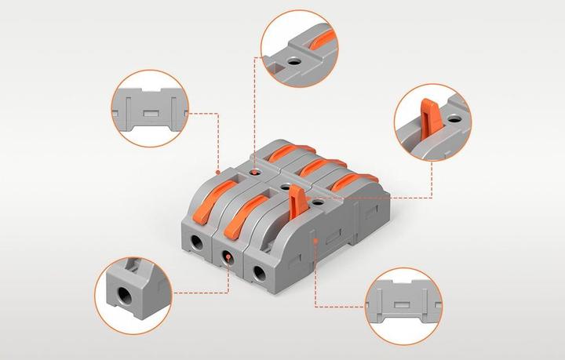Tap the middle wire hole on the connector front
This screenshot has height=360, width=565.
(228, 257)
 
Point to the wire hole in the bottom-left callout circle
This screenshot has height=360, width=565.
(126, 297)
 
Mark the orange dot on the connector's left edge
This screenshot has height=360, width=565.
(217, 170)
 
